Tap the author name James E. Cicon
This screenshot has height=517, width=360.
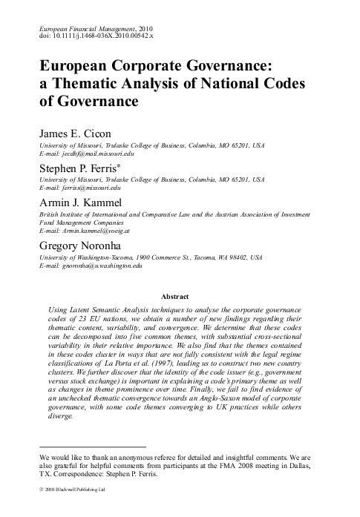[76, 134]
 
